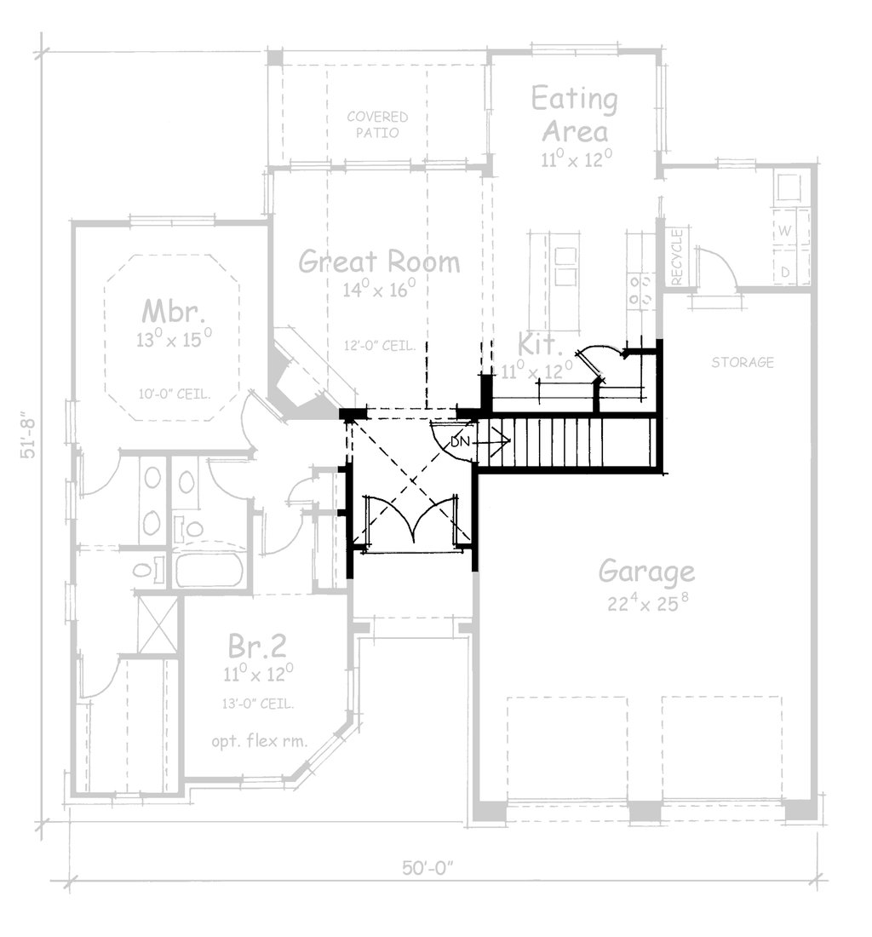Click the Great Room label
(x=379, y=262)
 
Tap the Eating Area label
(x=575, y=116)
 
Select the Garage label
(x=646, y=572)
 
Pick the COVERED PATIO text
(x=376, y=124)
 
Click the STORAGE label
(x=743, y=363)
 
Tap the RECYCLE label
(x=678, y=258)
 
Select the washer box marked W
(x=785, y=231)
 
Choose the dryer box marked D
(x=785, y=271)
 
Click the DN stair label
(x=459, y=441)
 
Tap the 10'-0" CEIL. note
(x=174, y=393)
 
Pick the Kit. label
(x=540, y=346)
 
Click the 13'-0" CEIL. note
(x=257, y=704)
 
